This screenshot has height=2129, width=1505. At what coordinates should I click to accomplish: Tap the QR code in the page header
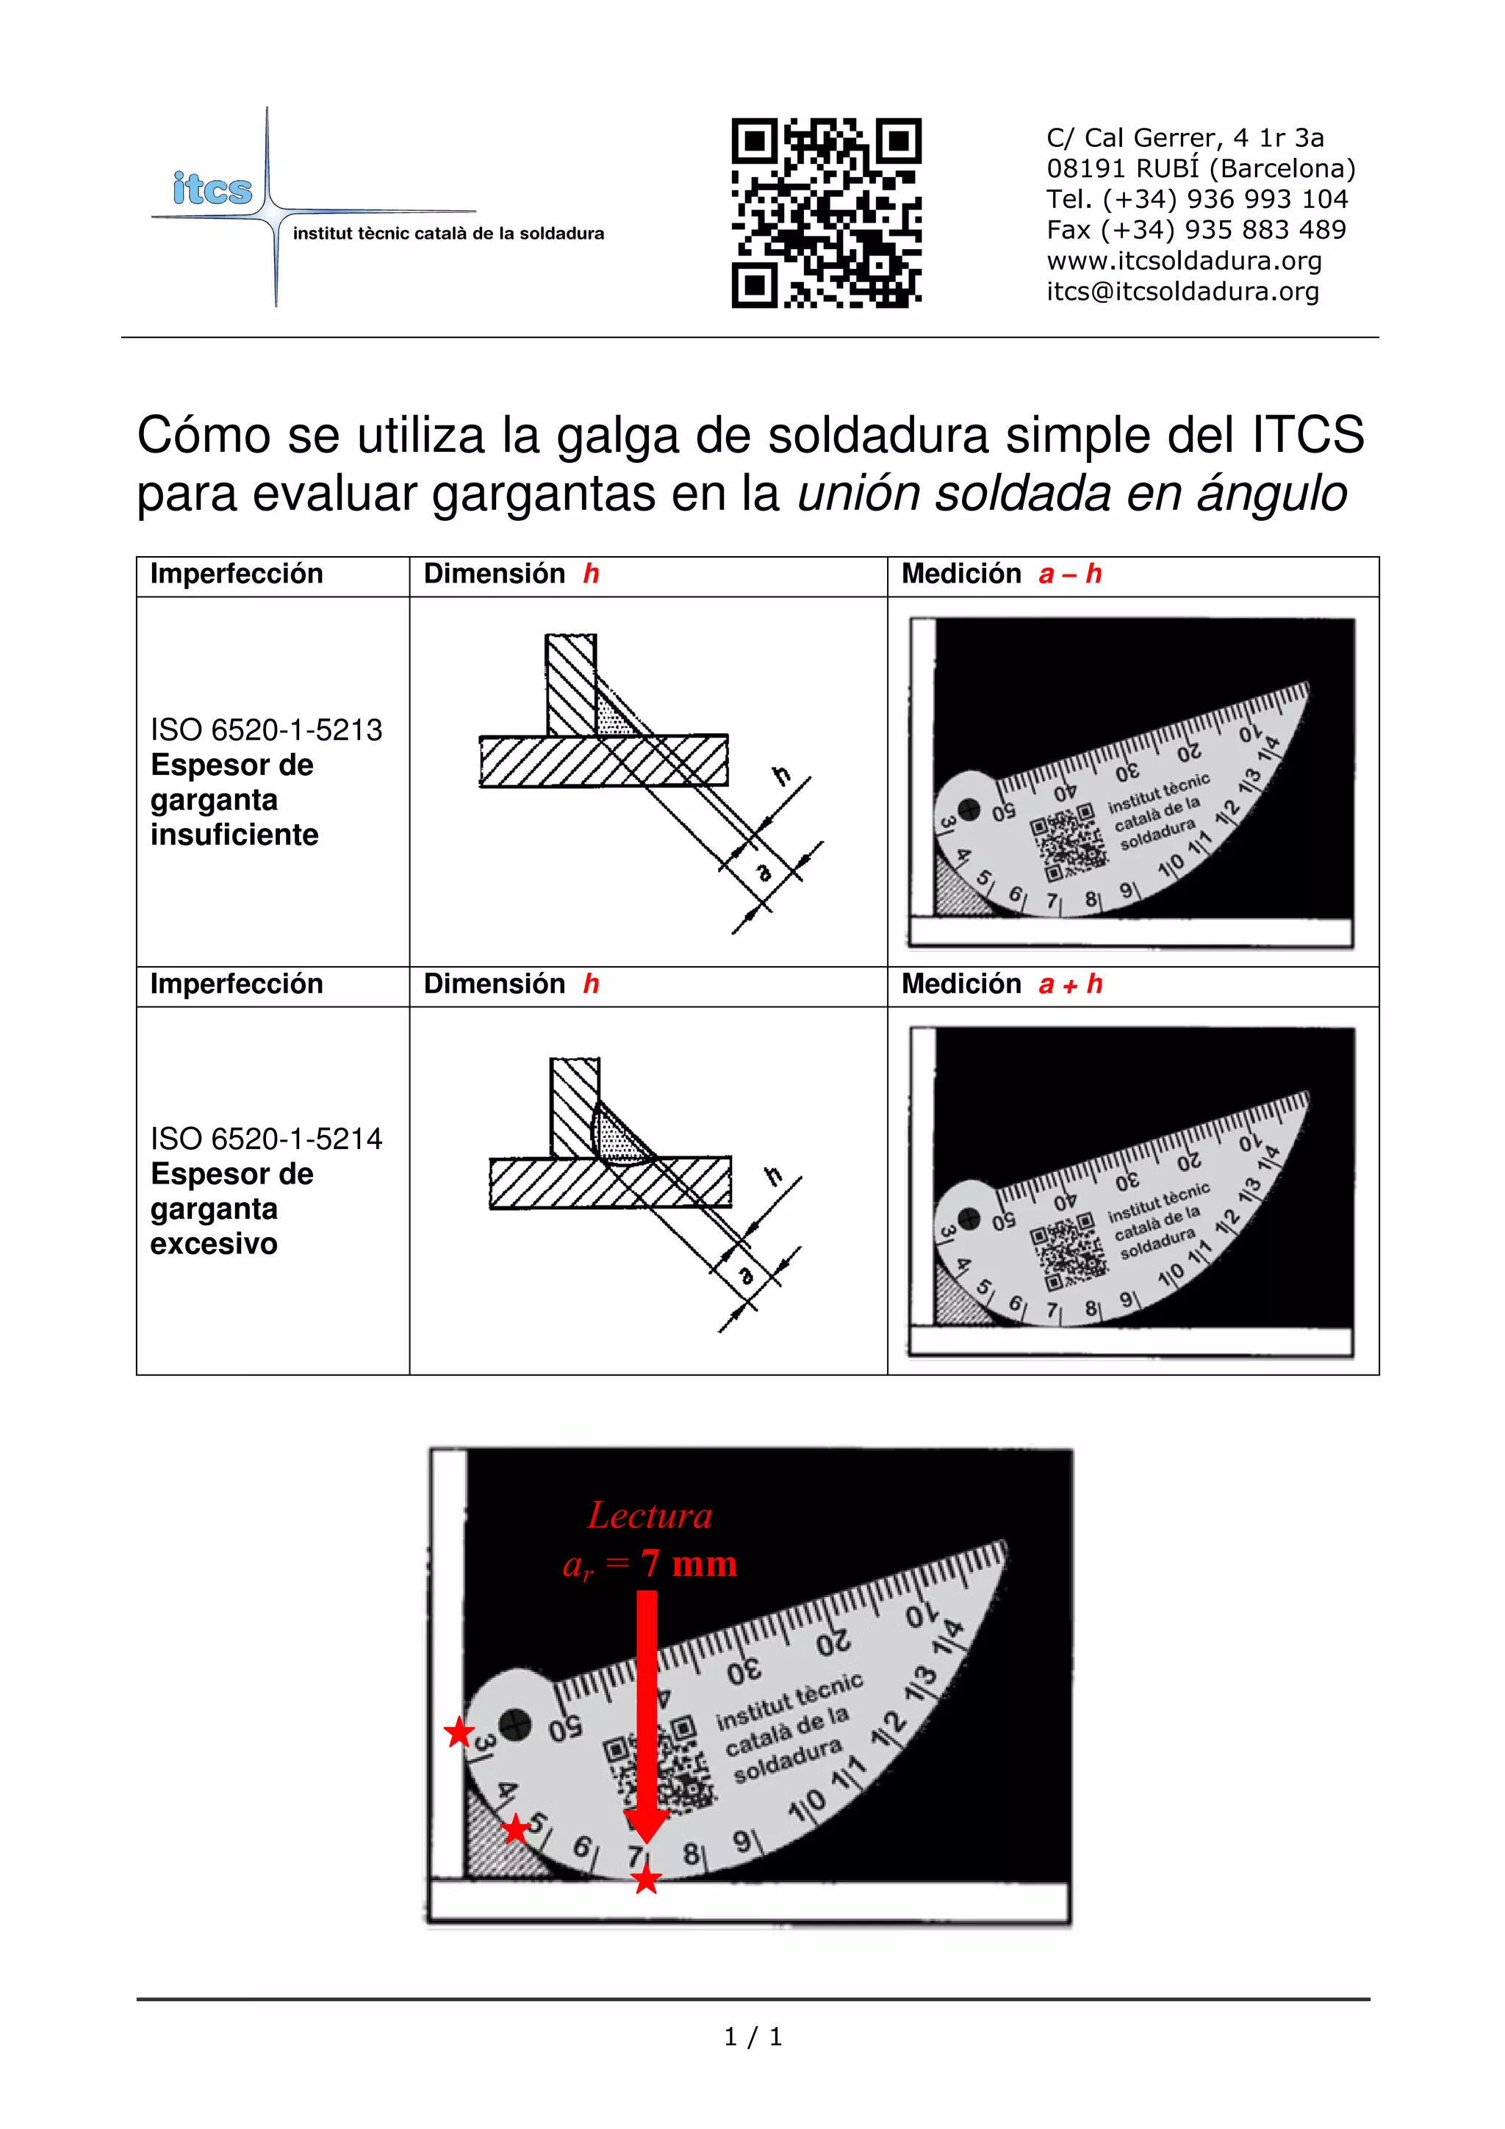coord(825,212)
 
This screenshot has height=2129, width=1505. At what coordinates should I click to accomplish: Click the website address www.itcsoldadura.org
coord(1183,261)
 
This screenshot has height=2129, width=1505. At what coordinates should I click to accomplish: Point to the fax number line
coord(1196,230)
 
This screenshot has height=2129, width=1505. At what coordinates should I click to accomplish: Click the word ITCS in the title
coord(1307,435)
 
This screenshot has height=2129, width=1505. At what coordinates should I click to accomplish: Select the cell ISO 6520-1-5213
coord(266,730)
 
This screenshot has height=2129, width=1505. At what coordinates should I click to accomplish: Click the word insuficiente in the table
coord(234,835)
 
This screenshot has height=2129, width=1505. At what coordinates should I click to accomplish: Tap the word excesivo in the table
coord(214,1244)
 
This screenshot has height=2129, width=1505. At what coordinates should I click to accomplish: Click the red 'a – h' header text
coord(1070,575)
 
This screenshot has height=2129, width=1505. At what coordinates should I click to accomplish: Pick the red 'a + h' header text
coord(1070,984)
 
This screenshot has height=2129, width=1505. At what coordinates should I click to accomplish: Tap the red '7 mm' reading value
coord(689,1563)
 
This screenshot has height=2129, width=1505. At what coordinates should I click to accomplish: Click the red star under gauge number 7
coord(647,1879)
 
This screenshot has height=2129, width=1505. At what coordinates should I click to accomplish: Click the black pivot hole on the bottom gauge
coord(514,1725)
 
